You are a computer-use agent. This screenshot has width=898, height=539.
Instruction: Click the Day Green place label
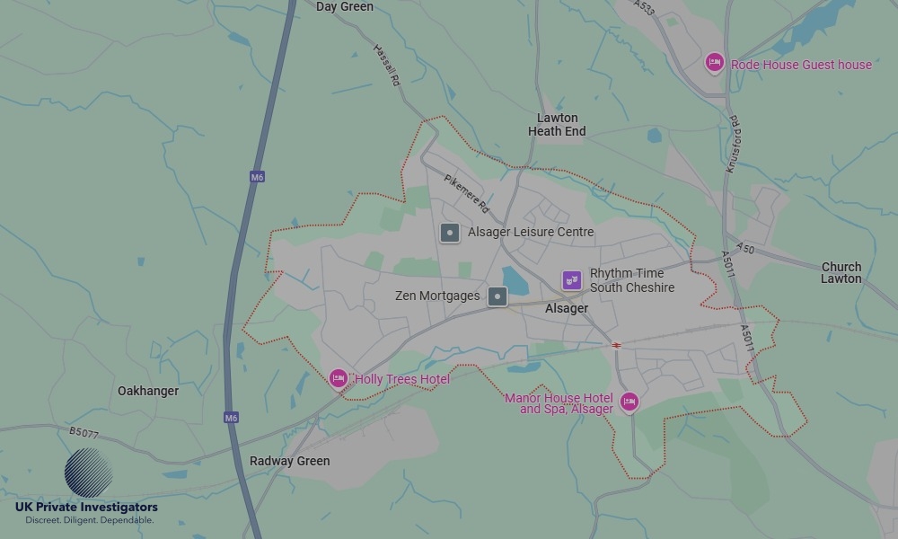(x=345, y=7)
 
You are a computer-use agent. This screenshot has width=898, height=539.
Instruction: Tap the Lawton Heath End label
(x=557, y=125)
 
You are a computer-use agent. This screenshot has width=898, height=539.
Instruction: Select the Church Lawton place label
(x=841, y=273)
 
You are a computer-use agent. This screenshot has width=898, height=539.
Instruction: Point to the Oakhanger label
(x=148, y=392)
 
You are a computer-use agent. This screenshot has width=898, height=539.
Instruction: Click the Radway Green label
(x=289, y=462)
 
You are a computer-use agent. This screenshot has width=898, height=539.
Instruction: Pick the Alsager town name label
(x=567, y=309)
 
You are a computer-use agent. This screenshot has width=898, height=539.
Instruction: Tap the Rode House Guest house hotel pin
(x=714, y=62)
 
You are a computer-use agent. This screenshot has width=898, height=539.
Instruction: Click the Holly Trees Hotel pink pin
(x=339, y=379)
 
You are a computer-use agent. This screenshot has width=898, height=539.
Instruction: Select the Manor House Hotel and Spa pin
(x=629, y=402)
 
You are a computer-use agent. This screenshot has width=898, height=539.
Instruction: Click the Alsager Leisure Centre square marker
(x=450, y=233)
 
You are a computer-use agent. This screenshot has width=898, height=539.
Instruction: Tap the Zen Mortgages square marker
(x=497, y=296)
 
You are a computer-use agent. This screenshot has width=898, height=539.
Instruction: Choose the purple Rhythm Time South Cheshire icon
(x=572, y=280)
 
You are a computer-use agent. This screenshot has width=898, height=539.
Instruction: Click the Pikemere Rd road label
(x=467, y=192)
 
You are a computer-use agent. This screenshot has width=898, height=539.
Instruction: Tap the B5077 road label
(x=84, y=433)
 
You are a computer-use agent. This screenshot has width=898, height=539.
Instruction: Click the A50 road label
(x=745, y=248)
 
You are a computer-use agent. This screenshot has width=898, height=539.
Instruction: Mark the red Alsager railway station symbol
(x=617, y=345)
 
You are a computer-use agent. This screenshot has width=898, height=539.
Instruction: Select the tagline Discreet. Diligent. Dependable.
(x=89, y=520)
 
